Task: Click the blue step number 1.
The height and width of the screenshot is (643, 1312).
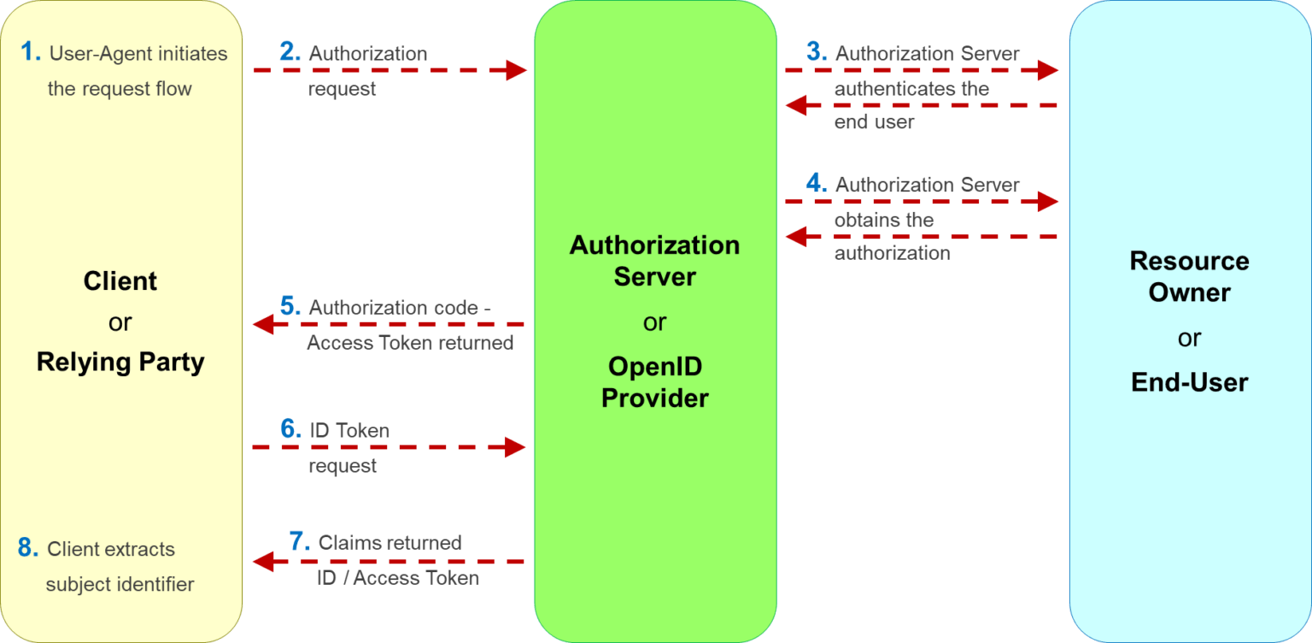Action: pyautogui.click(x=30, y=53)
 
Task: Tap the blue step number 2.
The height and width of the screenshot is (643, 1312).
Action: pyautogui.click(x=290, y=53)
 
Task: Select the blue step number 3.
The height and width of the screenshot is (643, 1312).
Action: pyautogui.click(x=816, y=53)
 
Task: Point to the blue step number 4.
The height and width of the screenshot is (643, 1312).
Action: pyautogui.click(x=816, y=185)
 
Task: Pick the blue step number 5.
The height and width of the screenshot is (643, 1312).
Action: pyautogui.click(x=290, y=307)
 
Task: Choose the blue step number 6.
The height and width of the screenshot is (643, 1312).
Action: pyautogui.click(x=290, y=430)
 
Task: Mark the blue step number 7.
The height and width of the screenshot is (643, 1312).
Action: pyautogui.click(x=299, y=542)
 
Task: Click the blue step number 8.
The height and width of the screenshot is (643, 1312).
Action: pyautogui.click(x=28, y=549)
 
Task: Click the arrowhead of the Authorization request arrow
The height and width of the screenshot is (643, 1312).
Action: pyautogui.click(x=518, y=71)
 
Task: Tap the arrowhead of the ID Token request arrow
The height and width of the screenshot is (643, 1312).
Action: pyautogui.click(x=516, y=447)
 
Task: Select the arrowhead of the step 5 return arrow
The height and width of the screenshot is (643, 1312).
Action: pyautogui.click(x=262, y=324)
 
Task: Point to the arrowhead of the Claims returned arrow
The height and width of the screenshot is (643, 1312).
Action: pyautogui.click(x=262, y=562)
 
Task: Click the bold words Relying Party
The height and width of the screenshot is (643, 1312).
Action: pyautogui.click(x=120, y=363)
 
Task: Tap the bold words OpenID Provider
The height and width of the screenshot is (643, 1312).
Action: pyautogui.click(x=655, y=382)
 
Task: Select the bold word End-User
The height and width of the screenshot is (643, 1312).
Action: pyautogui.click(x=1189, y=382)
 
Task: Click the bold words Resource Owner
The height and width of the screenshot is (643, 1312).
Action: pyautogui.click(x=1189, y=276)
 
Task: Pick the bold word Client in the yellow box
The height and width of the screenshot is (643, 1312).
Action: pyautogui.click(x=120, y=281)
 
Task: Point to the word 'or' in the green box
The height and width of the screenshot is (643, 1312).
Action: pyautogui.click(x=655, y=322)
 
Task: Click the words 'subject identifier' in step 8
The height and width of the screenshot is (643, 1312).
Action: pyautogui.click(x=120, y=585)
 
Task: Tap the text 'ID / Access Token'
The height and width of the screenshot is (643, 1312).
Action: pyautogui.click(x=398, y=579)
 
